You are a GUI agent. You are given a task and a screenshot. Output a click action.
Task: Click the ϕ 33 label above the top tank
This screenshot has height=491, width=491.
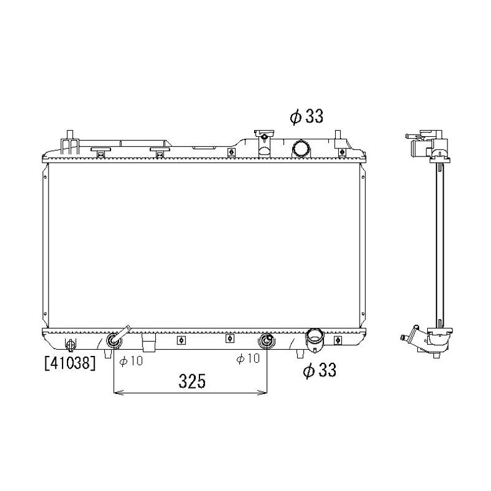click(306, 117)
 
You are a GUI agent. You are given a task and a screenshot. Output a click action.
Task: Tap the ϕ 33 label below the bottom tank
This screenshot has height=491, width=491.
click(320, 370)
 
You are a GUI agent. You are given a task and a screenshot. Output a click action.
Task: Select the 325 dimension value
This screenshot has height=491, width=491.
click(192, 381)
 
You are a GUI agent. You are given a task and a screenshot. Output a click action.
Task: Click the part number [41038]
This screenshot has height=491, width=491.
click(70, 363)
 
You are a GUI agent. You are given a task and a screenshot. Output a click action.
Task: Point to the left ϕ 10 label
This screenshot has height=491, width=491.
click(131, 361)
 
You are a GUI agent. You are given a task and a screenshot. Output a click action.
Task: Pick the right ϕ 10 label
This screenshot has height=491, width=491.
click(248, 358)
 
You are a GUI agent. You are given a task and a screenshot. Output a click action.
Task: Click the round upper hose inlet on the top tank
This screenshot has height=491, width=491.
click(301, 149)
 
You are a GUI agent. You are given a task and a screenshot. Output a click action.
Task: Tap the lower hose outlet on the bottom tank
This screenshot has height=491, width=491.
click(315, 340)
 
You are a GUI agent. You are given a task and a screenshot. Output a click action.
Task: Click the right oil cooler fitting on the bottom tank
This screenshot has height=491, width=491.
click(266, 341)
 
